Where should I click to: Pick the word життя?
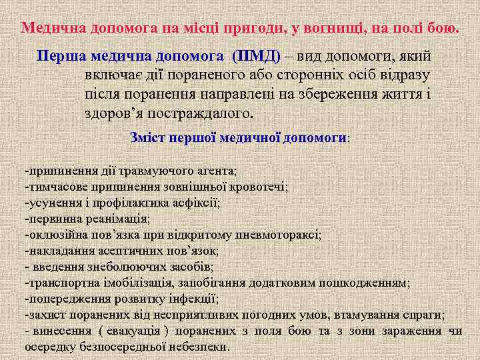[394, 93]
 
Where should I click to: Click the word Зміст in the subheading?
[148, 137]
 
